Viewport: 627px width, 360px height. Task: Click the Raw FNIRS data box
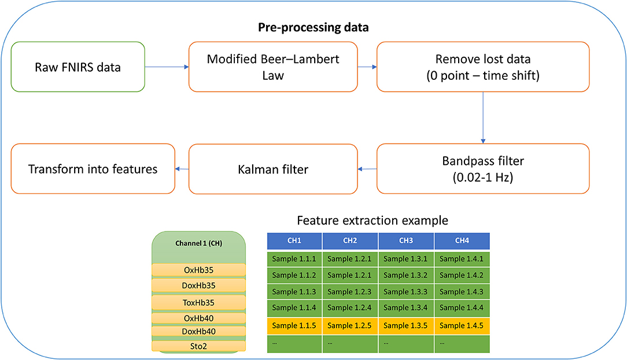click(78, 67)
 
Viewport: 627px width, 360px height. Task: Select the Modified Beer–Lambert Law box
click(273, 67)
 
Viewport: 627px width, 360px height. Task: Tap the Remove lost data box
click(483, 67)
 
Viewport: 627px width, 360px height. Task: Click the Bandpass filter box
click(483, 169)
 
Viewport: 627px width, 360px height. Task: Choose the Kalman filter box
click(273, 169)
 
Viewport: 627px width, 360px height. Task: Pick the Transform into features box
click(93, 169)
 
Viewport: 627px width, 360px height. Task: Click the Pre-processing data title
click(313, 27)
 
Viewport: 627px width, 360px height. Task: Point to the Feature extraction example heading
click(372, 221)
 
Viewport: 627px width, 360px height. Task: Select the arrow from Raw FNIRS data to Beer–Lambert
click(167, 67)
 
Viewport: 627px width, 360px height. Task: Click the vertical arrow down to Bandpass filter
click(483, 117)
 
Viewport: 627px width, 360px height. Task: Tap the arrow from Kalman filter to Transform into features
click(182, 169)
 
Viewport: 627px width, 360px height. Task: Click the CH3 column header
click(406, 241)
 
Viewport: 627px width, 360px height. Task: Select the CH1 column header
click(294, 241)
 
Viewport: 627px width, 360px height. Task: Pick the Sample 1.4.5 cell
click(462, 326)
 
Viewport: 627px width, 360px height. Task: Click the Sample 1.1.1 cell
click(294, 259)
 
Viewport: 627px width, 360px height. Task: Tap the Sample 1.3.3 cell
click(406, 292)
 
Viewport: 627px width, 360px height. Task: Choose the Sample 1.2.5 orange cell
click(350, 326)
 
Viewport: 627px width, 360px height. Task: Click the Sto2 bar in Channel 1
click(199, 346)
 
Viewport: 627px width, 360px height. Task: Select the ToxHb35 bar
click(199, 302)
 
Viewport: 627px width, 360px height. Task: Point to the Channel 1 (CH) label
click(199, 243)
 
